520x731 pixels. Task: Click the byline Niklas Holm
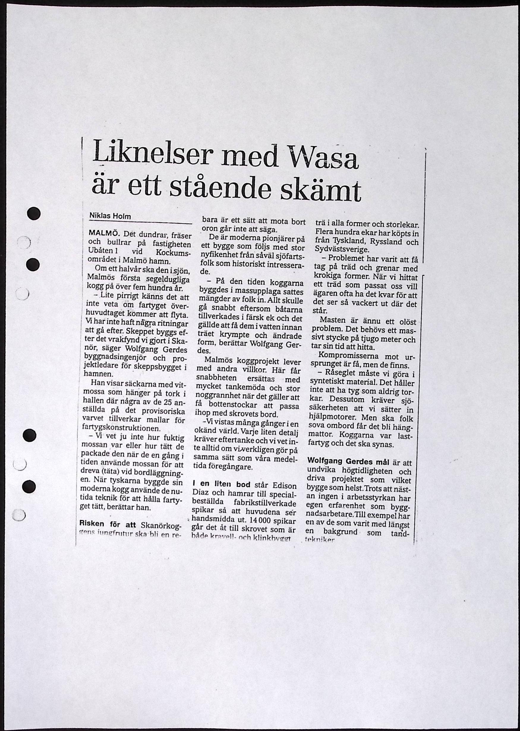(110, 216)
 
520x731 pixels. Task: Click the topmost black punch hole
(34, 214)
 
